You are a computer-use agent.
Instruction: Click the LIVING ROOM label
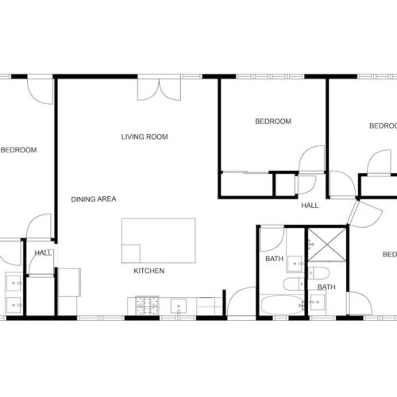tap(145, 137)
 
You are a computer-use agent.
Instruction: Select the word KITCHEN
tap(148, 271)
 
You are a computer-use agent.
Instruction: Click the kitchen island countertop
tap(158, 241)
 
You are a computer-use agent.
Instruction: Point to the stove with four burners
tap(147, 304)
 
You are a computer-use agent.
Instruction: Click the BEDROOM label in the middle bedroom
tap(273, 121)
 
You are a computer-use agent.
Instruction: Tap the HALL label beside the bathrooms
tap(310, 206)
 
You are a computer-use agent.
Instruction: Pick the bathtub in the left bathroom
tap(279, 305)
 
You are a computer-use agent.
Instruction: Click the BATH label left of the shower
tap(274, 259)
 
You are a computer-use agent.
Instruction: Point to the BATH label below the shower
tap(326, 287)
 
